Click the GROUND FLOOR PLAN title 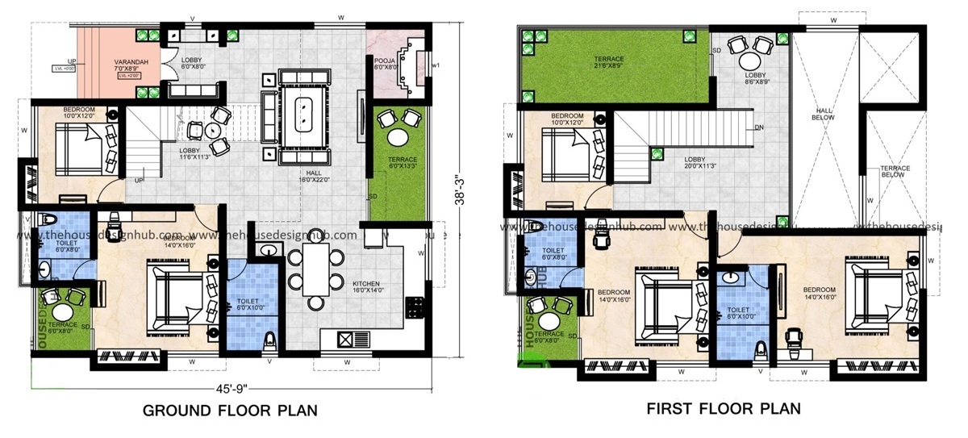point(230,411)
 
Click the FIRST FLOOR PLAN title point(724,408)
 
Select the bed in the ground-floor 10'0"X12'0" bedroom point(79,148)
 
